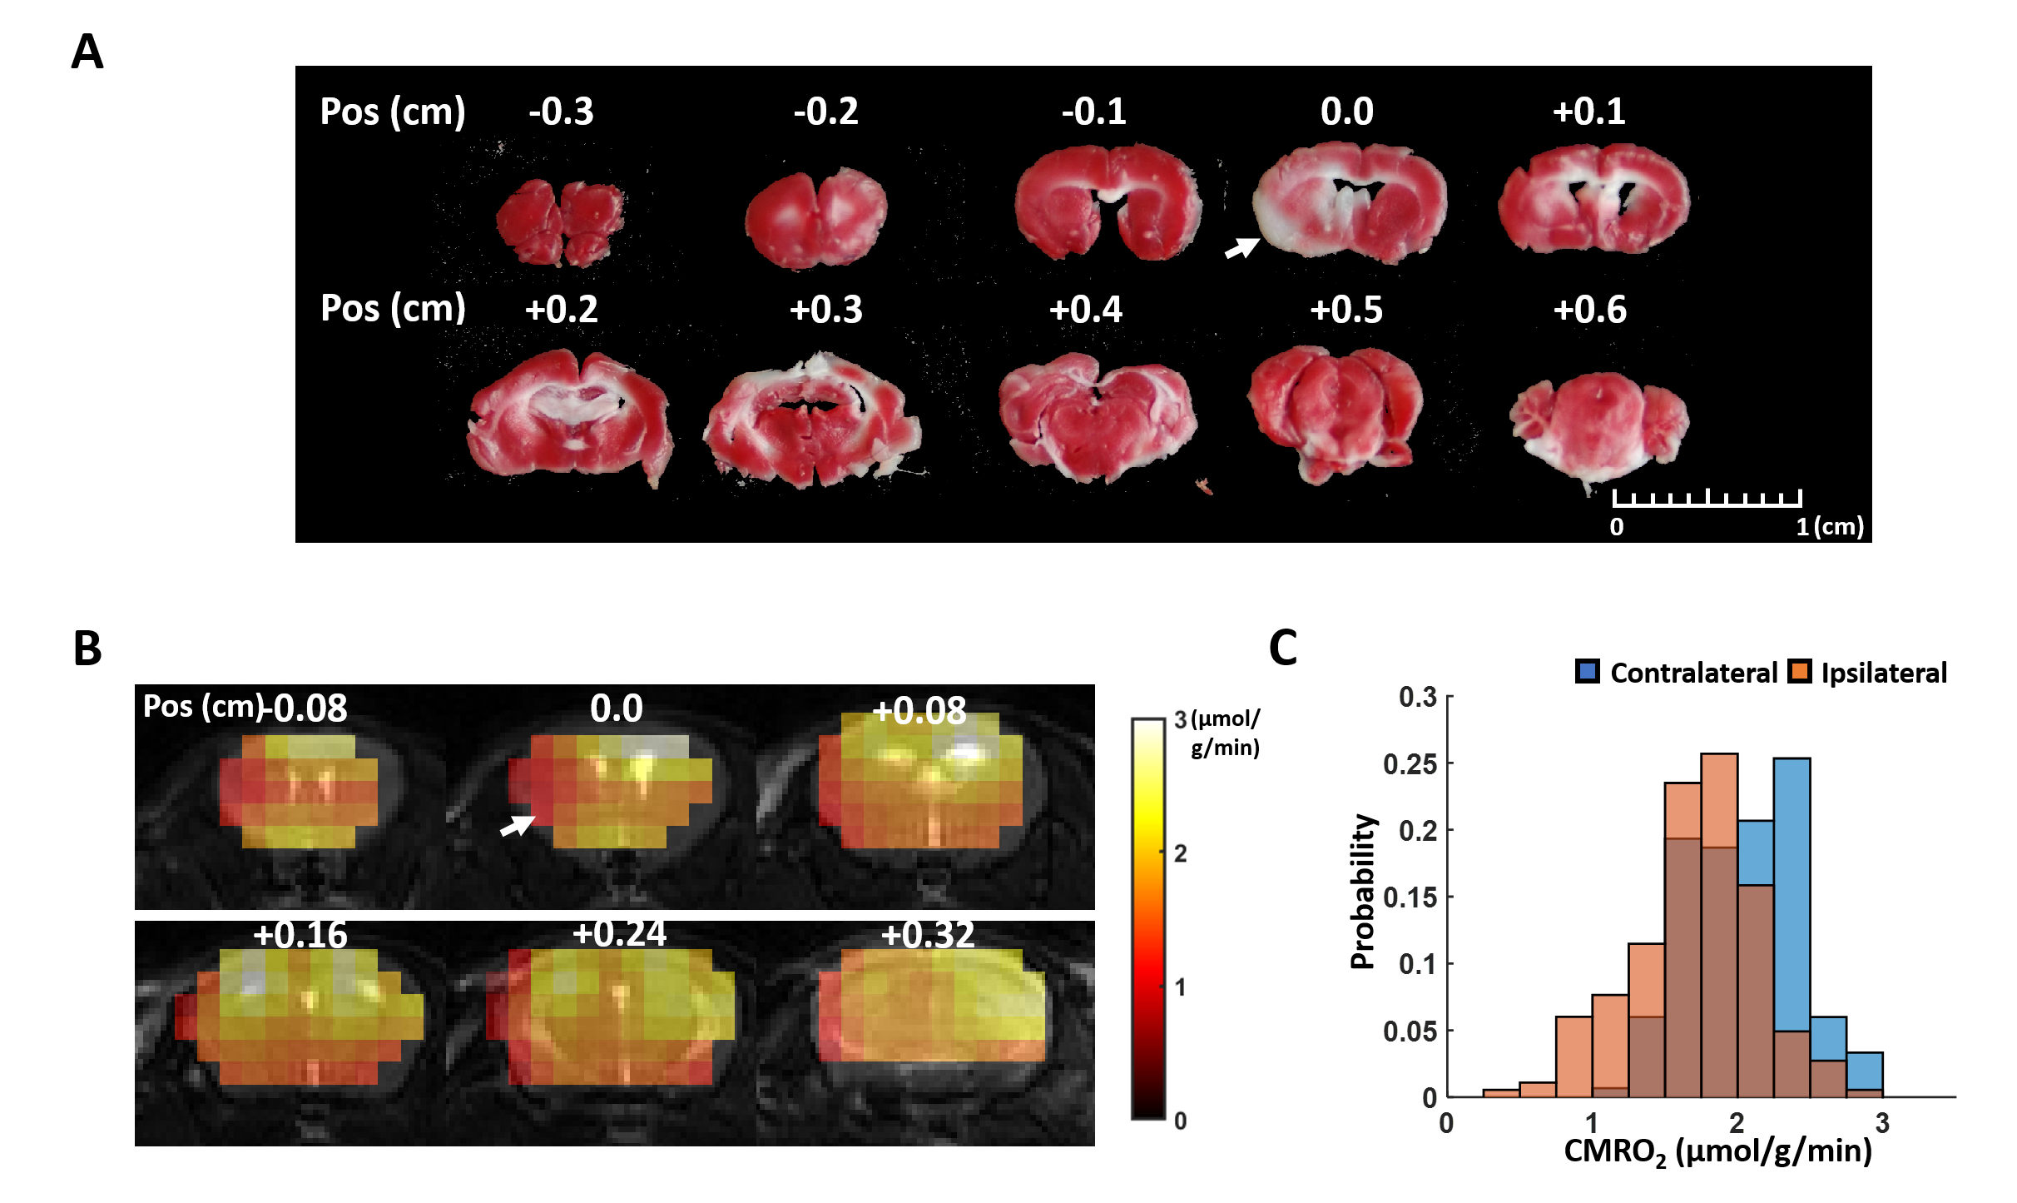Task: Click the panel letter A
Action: pyautogui.click(x=87, y=52)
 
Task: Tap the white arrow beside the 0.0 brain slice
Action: pyautogui.click(x=1241, y=247)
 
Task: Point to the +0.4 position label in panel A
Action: pyautogui.click(x=1085, y=310)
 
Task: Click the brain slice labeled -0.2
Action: pyautogui.click(x=816, y=219)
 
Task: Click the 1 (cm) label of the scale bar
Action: pyautogui.click(x=1829, y=527)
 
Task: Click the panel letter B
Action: pyautogui.click(x=87, y=649)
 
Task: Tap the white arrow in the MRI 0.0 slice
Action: pyautogui.click(x=517, y=825)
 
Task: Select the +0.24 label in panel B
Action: pyautogui.click(x=619, y=934)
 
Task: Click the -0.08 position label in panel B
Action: pyautogui.click(x=306, y=708)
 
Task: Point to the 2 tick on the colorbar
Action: pyautogui.click(x=1180, y=853)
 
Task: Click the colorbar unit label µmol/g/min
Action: pyautogui.click(x=1225, y=733)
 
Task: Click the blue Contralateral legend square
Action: pyautogui.click(x=1587, y=672)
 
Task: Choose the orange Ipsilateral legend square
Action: pyautogui.click(x=1800, y=672)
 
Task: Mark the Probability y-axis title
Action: pyautogui.click(x=1362, y=892)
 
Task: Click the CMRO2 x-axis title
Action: pyautogui.click(x=1717, y=1152)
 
